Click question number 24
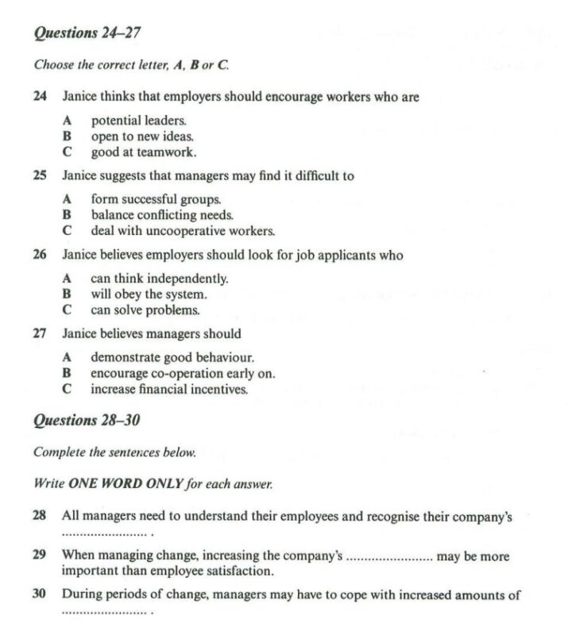tap(40, 97)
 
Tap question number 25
tap(40, 176)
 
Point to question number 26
tap(40, 255)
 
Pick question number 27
tap(40, 334)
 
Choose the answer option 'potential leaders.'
tap(138, 121)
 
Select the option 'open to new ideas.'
tap(137, 137)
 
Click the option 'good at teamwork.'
tap(143, 152)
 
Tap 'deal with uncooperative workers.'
tap(183, 231)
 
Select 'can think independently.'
tap(159, 279)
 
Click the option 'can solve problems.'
tap(145, 310)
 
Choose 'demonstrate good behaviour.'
tap(172, 358)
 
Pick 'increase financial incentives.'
tap(169, 390)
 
